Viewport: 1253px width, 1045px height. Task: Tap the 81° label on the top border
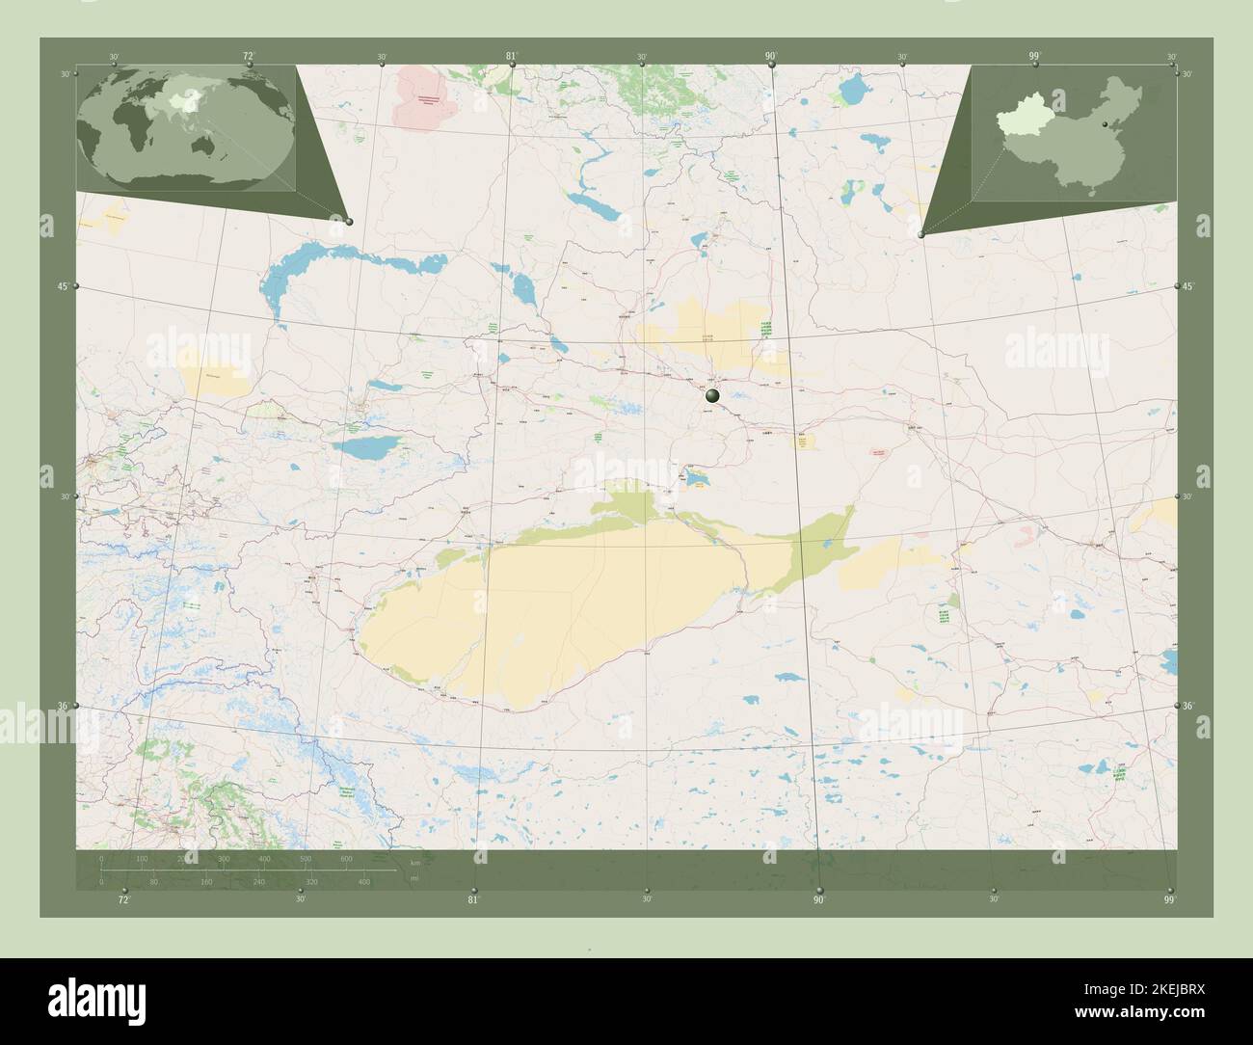512,56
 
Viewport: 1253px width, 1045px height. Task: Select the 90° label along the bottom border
818,900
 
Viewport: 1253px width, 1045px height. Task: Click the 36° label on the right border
1188,707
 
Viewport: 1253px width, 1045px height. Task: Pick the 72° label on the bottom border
123,900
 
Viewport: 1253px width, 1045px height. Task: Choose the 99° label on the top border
1034,56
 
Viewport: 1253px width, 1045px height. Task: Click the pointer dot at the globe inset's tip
348,222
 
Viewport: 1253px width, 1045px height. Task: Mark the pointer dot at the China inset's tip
922,234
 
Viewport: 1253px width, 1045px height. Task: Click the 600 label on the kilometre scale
346,858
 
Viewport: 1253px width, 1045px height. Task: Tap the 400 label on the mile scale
364,881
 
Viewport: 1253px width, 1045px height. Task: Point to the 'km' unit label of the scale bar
415,863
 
